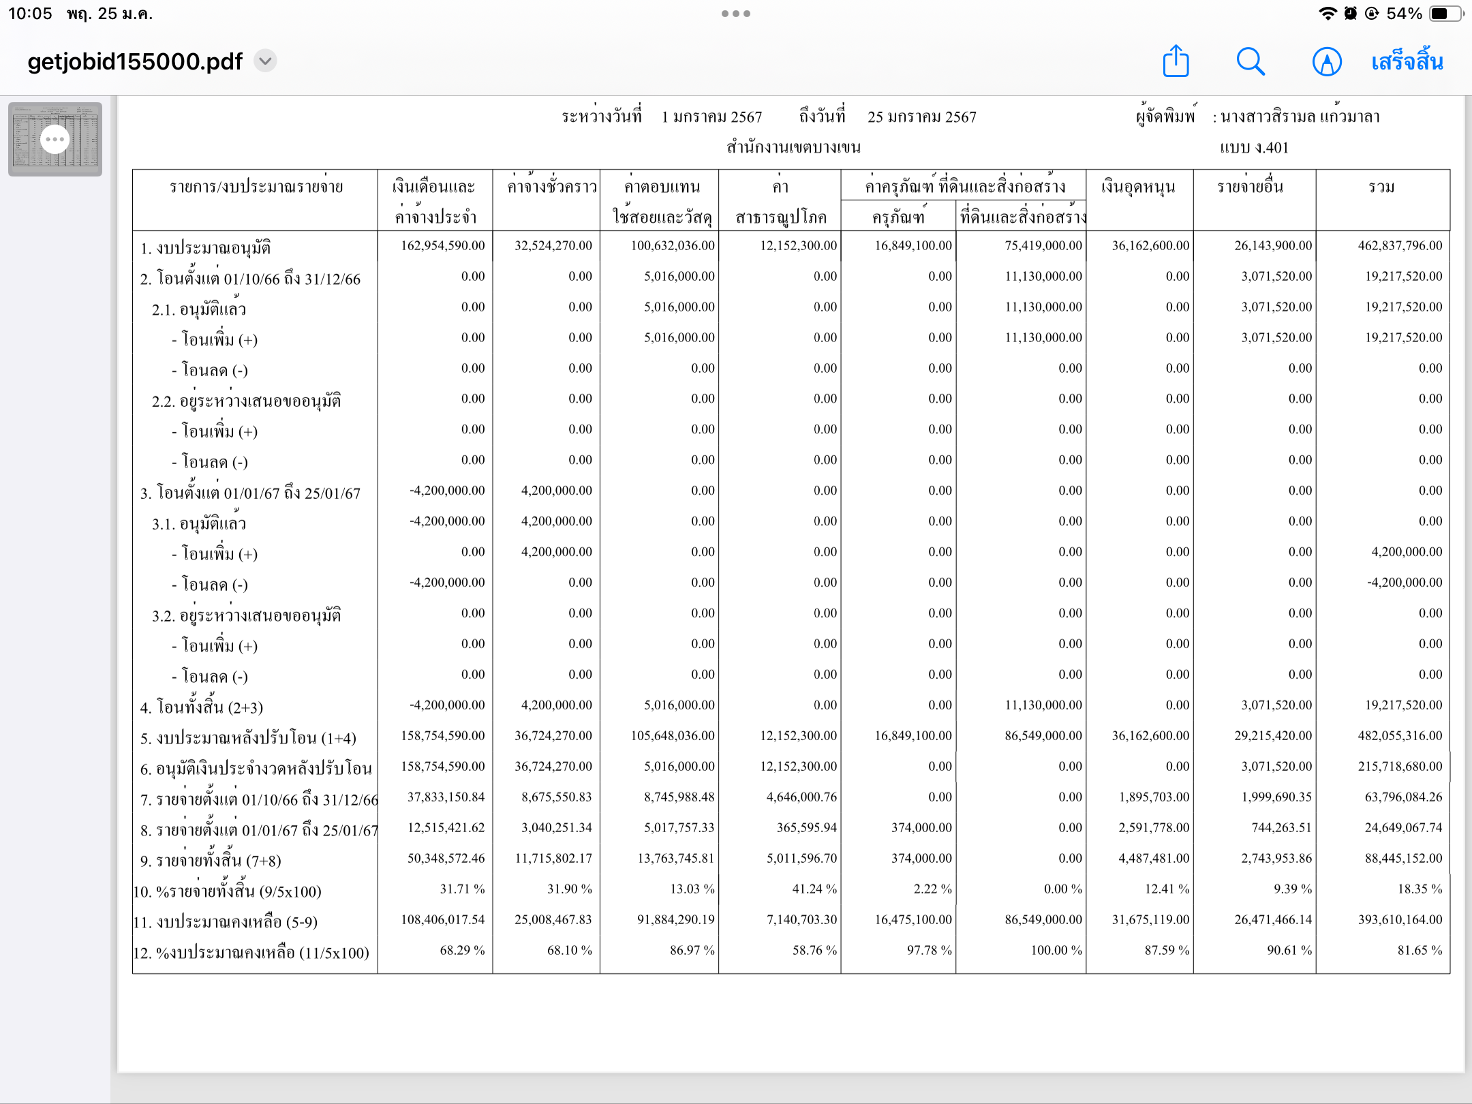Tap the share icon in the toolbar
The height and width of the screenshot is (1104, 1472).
[1176, 61]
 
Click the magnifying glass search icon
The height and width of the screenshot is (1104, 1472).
[1251, 61]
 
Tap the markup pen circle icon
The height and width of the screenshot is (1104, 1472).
[1326, 61]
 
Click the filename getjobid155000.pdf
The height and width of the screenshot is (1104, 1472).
[135, 61]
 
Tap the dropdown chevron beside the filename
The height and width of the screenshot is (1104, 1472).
[265, 61]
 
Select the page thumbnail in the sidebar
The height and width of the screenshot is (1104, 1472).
[55, 139]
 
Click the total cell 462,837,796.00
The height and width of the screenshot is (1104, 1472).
[1400, 245]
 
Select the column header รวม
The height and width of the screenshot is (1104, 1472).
[1381, 187]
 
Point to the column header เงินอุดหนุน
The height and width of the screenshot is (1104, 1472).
[1138, 187]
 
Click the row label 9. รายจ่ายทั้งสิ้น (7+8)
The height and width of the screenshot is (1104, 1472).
[211, 861]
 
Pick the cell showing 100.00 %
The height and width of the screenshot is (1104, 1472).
[1056, 950]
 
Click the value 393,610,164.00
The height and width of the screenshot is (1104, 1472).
[1400, 919]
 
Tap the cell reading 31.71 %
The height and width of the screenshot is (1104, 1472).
[462, 889]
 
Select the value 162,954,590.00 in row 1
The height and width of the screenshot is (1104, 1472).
[443, 245]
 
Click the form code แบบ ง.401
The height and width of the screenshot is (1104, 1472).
[1254, 148]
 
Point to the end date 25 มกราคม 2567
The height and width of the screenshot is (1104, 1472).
[921, 117]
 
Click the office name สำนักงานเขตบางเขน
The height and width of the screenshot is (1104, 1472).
[793, 147]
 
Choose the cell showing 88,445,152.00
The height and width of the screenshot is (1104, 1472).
[1403, 858]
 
